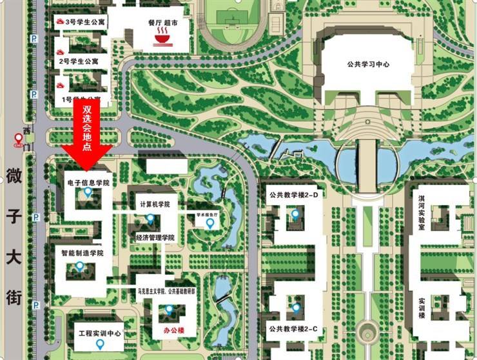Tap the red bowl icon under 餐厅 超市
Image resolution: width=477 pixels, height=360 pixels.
point(161,39)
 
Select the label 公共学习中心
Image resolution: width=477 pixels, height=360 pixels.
point(368,65)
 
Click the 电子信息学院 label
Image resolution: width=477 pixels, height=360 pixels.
point(88,183)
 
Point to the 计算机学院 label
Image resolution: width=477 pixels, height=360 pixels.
point(155,205)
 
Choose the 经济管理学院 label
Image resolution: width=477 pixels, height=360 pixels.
point(155,237)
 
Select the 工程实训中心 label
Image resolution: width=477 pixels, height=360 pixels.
point(99,333)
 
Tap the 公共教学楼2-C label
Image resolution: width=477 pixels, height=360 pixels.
point(294,329)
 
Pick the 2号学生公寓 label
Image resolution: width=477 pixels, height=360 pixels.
point(79,61)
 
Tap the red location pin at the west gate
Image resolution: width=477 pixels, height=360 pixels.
point(18,137)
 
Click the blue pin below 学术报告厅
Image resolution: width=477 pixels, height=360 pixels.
point(209,223)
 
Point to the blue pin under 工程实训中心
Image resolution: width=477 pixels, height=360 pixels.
point(100,345)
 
